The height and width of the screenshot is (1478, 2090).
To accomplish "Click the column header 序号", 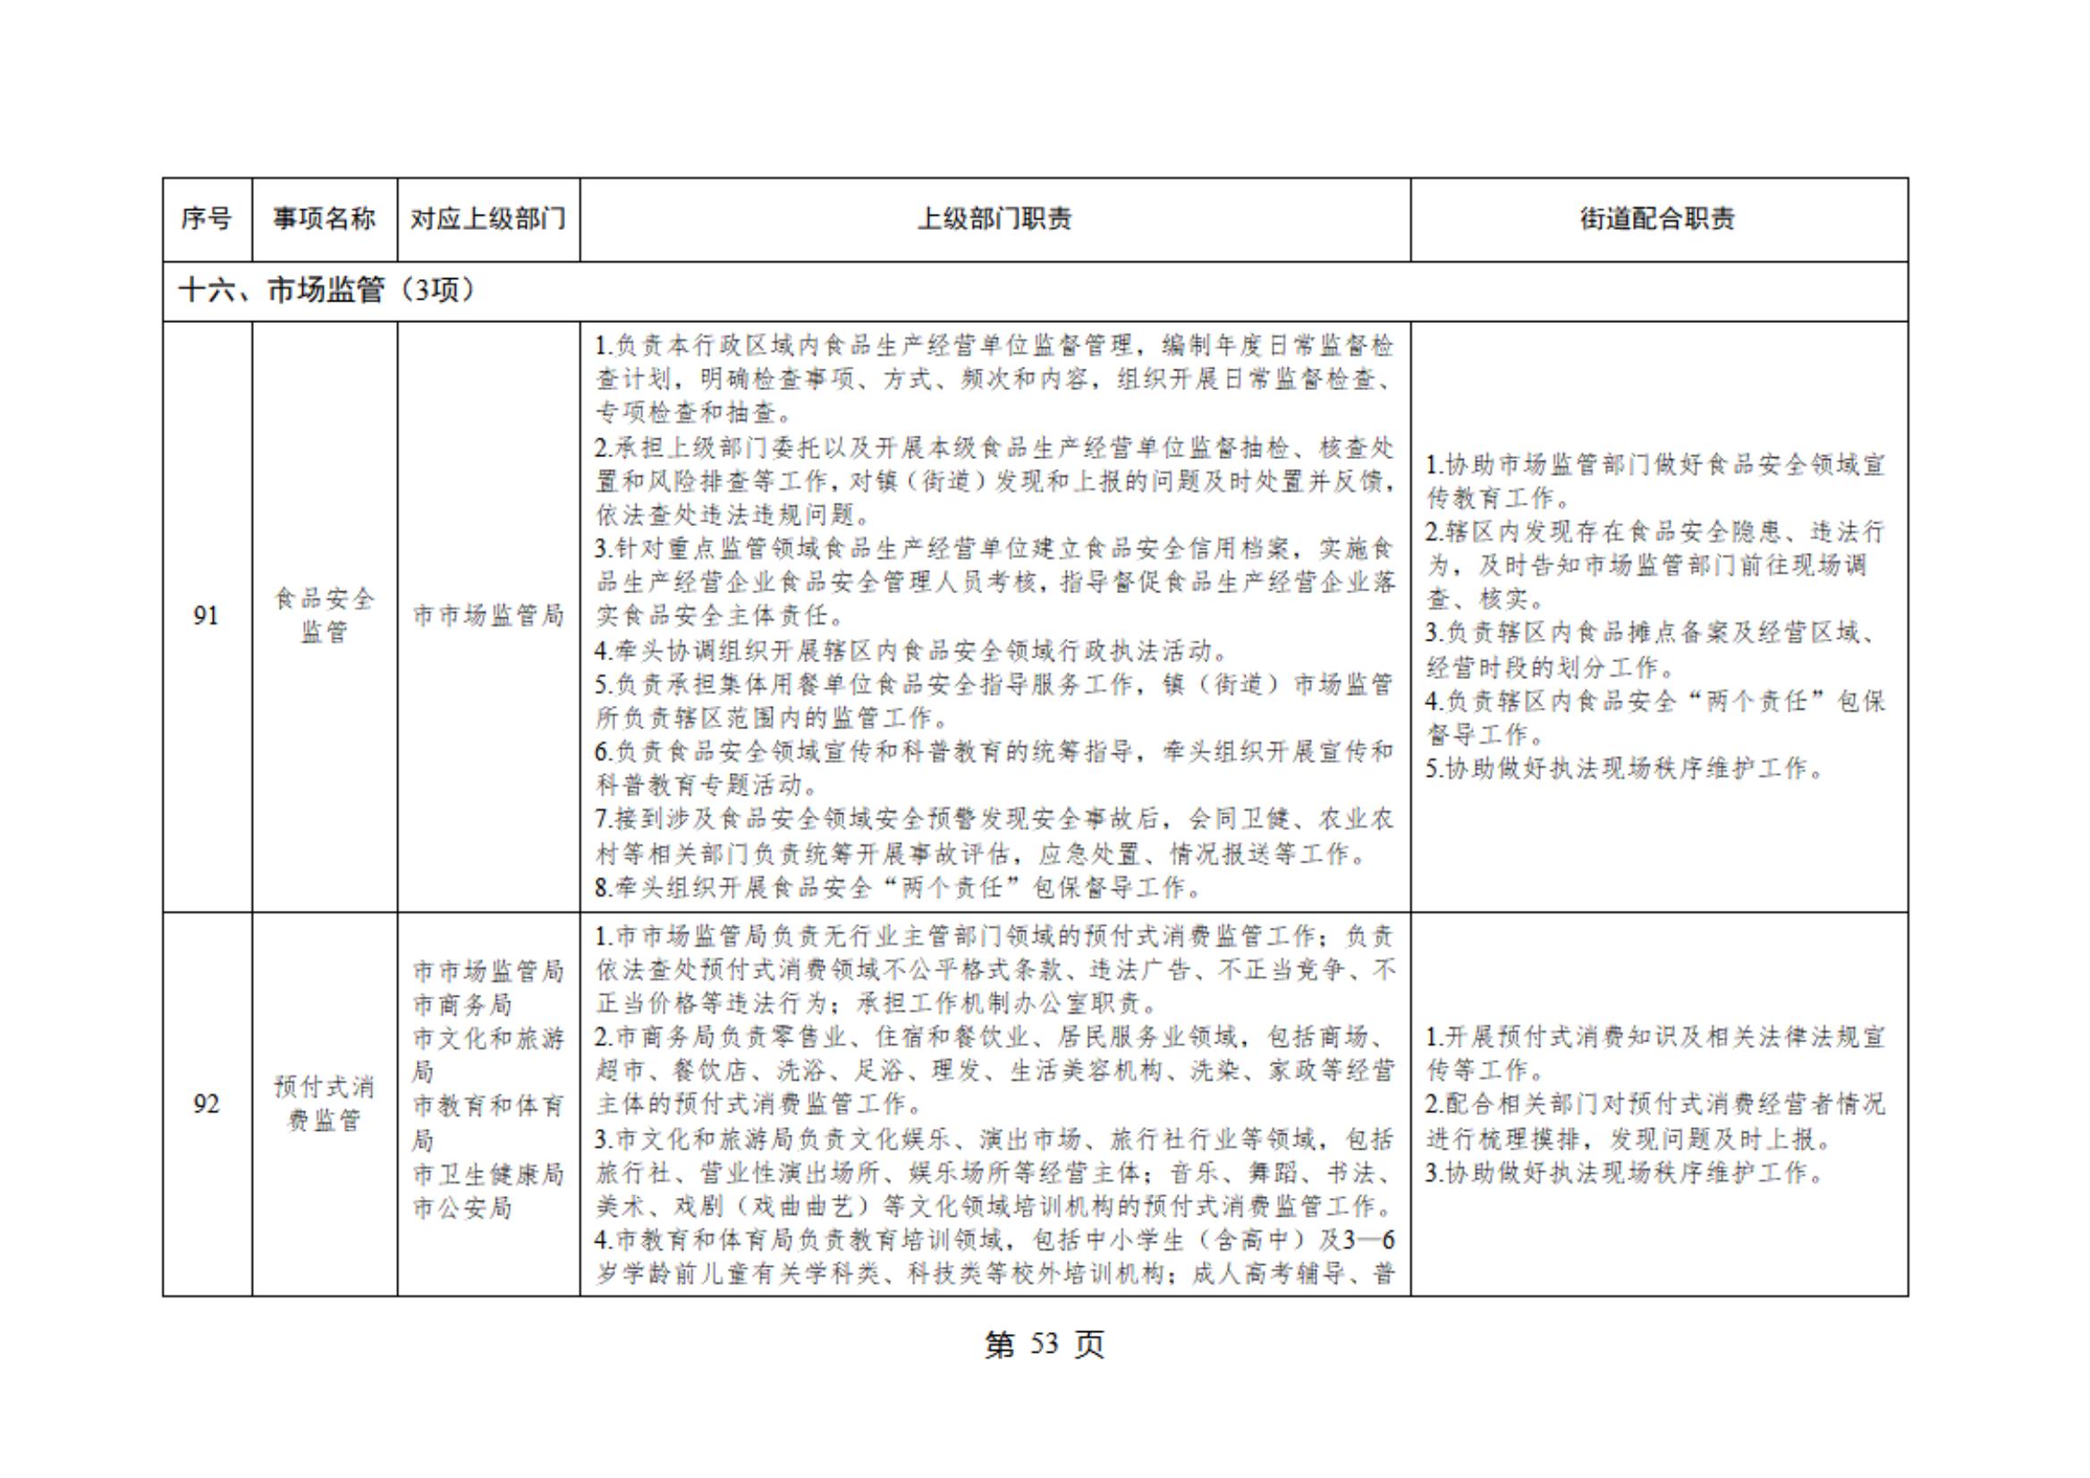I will tap(207, 219).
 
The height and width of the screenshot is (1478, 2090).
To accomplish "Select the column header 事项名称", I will tap(324, 219).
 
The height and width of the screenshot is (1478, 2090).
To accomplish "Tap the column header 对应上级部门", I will tap(488, 219).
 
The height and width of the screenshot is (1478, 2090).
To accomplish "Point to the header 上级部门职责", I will tap(994, 219).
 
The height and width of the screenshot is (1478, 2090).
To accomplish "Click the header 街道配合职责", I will tap(1658, 219).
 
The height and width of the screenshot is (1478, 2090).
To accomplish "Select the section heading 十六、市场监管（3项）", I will tap(326, 291).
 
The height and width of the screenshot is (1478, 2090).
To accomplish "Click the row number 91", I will tap(207, 616).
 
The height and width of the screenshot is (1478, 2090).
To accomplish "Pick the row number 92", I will tap(207, 1104).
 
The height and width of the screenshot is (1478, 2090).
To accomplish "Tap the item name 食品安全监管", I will tap(324, 616).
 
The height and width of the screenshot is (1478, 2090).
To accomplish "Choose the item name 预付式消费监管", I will tap(324, 1103).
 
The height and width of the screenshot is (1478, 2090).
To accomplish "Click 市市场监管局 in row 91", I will tap(488, 616).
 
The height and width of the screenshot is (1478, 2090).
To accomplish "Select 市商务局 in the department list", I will tap(462, 1005).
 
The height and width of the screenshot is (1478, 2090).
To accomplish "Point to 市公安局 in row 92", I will tap(462, 1209).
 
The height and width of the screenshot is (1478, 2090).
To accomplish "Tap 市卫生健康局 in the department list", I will tap(488, 1174).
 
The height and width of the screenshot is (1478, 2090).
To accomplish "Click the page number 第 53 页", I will tap(1044, 1345).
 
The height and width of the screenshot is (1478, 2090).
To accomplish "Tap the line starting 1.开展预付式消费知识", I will tap(1654, 1037).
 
